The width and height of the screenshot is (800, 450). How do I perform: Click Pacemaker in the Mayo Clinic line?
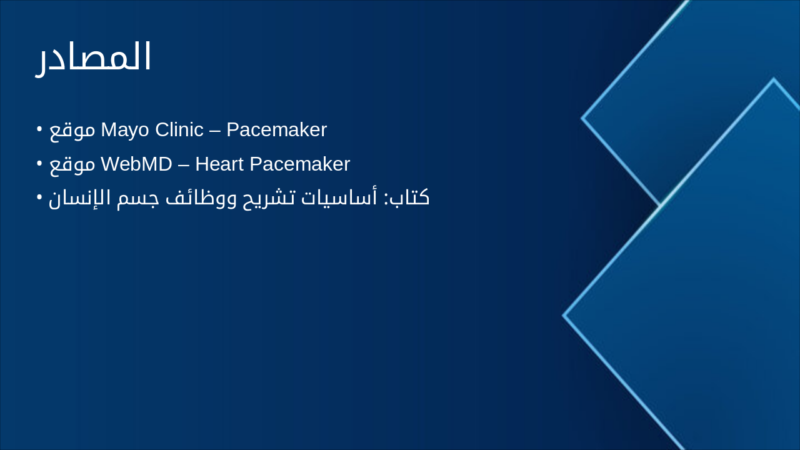[x=276, y=130]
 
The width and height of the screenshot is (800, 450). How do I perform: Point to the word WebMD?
[x=136, y=164]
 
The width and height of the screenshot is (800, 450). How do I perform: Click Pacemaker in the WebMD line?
[x=299, y=164]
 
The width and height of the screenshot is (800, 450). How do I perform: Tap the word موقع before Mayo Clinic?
[x=72, y=131]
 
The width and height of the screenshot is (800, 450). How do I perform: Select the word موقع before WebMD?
[x=72, y=165]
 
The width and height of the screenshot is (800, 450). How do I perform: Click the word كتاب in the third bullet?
[x=410, y=198]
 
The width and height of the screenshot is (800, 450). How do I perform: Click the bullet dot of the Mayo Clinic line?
[x=39, y=130]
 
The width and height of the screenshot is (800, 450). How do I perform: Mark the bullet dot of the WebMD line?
[x=39, y=164]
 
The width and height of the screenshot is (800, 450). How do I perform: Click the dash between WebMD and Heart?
[x=183, y=165]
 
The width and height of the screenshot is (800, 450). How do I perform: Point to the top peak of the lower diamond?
[x=774, y=79]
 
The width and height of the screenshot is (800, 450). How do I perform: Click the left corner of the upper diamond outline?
[x=582, y=117]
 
